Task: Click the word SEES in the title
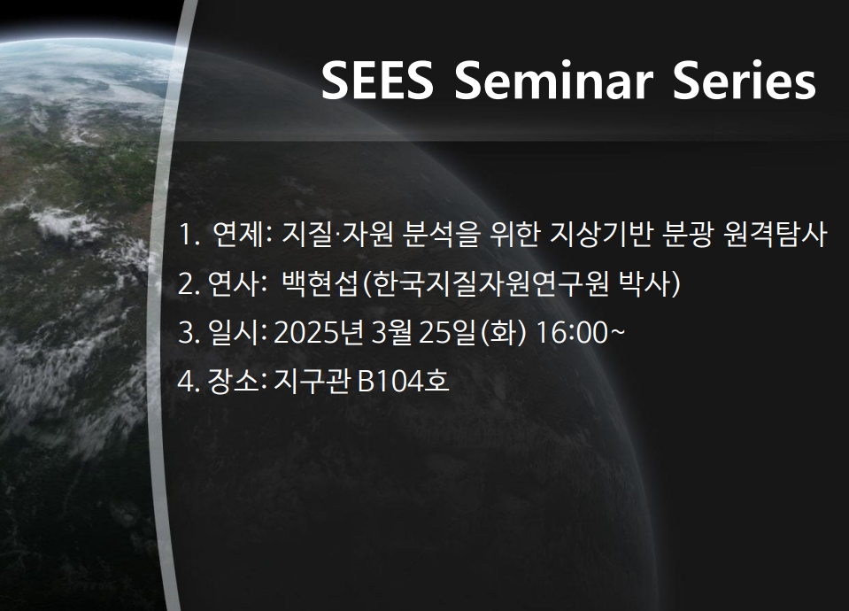pos(377,80)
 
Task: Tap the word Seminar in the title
pos(553,80)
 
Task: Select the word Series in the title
pos(744,80)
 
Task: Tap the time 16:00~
pos(580,331)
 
